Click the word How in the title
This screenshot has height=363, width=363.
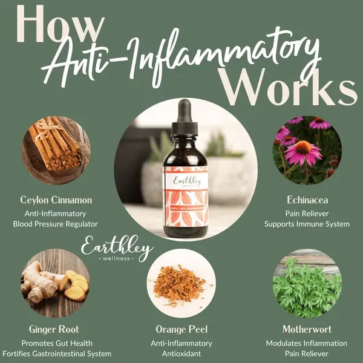click(60, 24)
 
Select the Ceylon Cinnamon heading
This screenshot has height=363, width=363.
click(56, 200)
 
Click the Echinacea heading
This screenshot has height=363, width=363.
click(307, 200)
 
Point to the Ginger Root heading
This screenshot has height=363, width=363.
click(54, 329)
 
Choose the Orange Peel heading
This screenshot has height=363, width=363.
click(181, 329)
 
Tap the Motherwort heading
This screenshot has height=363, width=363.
click(307, 329)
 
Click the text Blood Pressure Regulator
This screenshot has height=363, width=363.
click(55, 224)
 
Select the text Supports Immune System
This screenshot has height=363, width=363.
click(307, 224)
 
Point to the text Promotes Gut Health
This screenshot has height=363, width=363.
click(57, 343)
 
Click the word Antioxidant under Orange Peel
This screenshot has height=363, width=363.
click(181, 354)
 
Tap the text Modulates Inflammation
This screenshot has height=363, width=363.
click(307, 343)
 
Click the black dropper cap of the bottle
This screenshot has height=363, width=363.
click(185, 118)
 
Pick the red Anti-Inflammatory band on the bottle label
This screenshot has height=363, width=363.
click(186, 208)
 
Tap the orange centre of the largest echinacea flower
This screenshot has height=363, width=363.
click(304, 148)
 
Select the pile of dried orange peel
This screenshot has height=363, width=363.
click(178, 286)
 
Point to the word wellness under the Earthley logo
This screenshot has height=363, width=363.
click(116, 258)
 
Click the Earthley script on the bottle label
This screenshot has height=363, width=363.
click(187, 181)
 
